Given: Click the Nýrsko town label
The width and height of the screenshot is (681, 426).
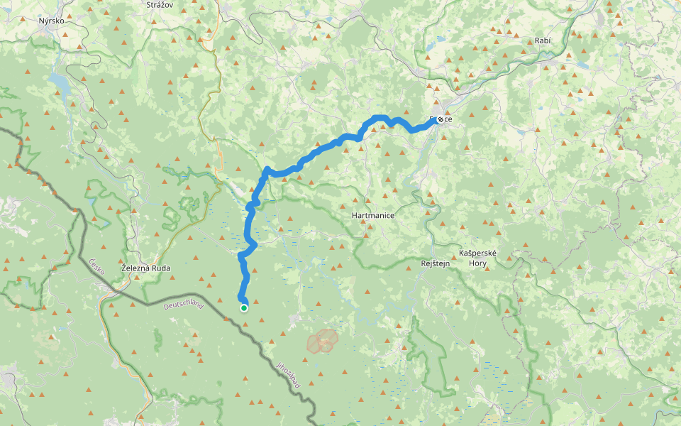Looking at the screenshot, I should pos(52,21).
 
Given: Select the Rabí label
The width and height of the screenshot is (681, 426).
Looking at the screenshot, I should pos(543,40).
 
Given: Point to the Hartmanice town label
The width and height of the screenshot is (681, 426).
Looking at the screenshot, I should pos(372,214).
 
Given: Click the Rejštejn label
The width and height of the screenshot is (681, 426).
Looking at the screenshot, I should pos(436,263).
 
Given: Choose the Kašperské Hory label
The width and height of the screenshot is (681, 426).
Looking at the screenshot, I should pos(473,258).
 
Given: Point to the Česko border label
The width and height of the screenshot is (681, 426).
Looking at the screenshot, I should pos(98,271).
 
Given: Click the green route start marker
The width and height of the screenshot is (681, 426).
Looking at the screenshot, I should pos(243,307).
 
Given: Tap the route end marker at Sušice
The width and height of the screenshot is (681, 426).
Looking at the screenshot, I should pos(440,119).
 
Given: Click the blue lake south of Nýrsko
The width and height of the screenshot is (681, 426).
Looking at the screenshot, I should pos(62,85).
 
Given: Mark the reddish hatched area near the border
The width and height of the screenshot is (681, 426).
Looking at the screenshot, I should pos(323,341).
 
